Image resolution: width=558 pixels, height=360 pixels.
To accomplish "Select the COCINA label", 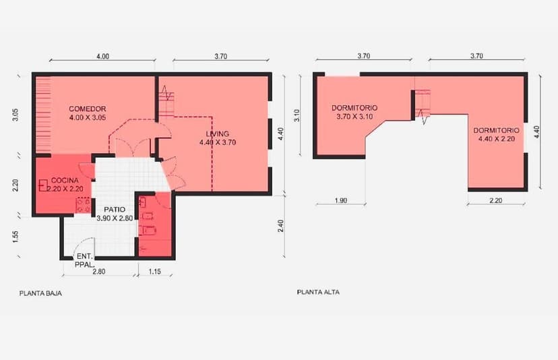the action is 65,180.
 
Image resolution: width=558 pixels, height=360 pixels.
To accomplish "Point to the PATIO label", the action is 115,210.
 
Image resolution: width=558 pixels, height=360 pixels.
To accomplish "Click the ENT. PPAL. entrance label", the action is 85,260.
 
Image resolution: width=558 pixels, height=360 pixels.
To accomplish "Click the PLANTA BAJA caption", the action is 40,293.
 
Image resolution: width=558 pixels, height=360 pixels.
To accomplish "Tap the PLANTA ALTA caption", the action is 318,293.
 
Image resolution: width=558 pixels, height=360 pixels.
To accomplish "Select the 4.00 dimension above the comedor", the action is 102,56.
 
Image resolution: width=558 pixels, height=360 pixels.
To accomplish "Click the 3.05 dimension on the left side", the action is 15,115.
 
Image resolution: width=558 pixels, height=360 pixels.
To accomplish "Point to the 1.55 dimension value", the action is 15,237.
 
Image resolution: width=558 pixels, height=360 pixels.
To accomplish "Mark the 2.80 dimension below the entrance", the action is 98,271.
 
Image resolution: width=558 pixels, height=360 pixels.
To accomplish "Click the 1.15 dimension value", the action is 154,271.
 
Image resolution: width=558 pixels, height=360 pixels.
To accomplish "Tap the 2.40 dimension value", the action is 280,226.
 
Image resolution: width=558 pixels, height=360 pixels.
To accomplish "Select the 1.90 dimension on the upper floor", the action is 340,200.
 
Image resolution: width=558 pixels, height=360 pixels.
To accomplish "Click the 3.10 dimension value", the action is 297,115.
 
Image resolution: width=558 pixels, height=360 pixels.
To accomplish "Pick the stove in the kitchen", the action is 84,206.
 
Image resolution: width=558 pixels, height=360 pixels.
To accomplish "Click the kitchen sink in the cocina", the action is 43,185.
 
